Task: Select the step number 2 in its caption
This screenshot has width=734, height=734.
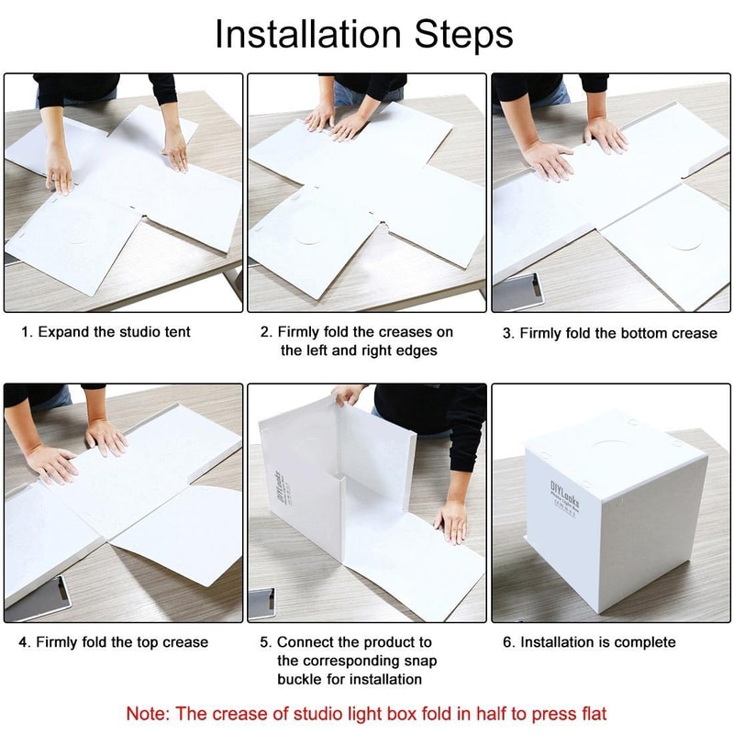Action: [x=265, y=332]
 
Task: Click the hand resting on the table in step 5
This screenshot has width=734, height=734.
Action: [x=451, y=520]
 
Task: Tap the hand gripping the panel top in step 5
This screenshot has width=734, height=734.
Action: [x=348, y=395]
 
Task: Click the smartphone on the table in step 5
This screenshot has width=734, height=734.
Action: [x=261, y=602]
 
